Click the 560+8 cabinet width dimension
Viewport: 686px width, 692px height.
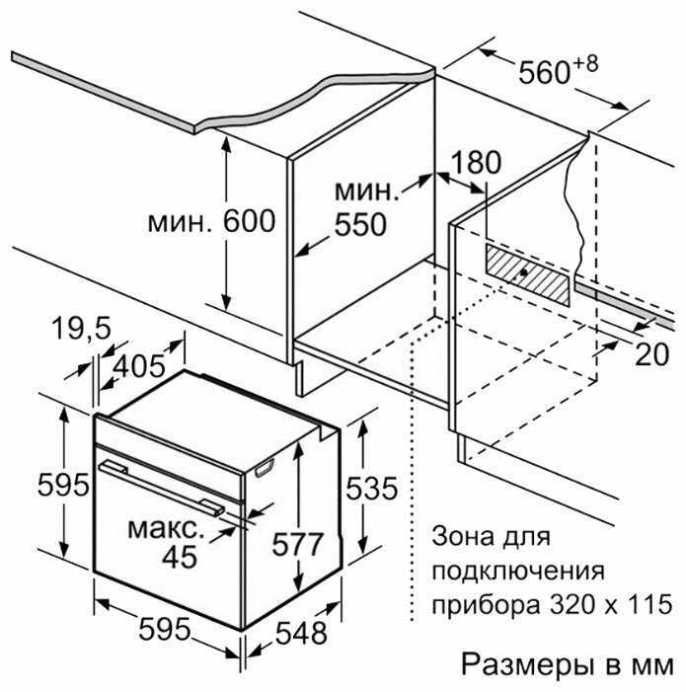point(558,70)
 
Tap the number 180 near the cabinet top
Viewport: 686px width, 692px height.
point(476,162)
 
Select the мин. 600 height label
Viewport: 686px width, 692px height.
point(212,221)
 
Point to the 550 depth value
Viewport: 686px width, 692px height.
point(360,225)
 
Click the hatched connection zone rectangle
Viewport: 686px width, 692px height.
point(528,274)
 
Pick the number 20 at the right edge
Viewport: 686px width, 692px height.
point(651,354)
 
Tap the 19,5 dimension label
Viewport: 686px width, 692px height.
point(82,328)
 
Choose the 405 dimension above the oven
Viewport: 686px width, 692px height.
point(139,366)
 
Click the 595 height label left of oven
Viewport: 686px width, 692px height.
point(63,485)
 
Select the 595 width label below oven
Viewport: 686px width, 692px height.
point(165,629)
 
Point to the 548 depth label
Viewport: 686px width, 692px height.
point(302,633)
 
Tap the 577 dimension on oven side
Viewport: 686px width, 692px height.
point(298,544)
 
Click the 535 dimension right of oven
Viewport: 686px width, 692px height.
point(371,489)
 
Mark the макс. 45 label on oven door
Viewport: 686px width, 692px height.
point(167,542)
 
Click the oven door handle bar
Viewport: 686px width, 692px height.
point(162,488)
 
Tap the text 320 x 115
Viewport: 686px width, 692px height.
point(611,604)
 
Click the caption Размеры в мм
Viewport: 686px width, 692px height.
point(568,664)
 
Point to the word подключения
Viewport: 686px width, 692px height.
point(518,572)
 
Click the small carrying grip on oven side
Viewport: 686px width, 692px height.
point(265,468)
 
